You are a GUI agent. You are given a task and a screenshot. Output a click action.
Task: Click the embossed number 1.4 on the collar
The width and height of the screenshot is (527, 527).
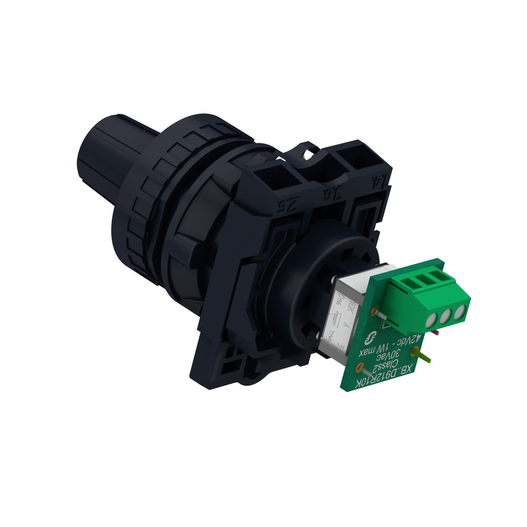(378, 182)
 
